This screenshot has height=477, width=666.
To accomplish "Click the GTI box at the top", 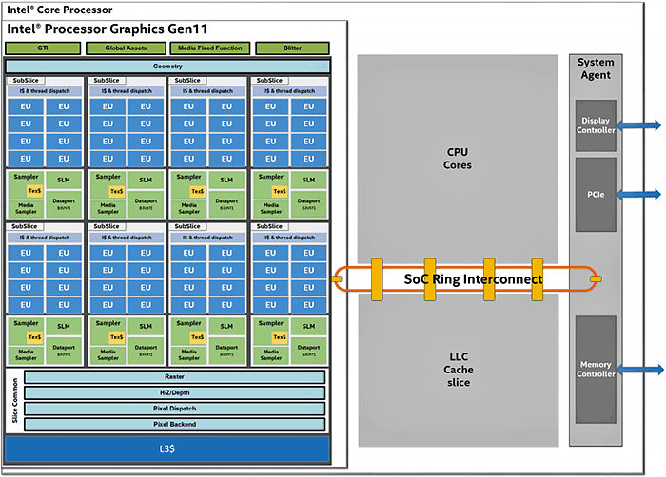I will [42, 48].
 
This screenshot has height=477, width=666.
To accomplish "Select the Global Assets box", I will [125, 48].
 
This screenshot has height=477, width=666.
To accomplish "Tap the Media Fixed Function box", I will [207, 48].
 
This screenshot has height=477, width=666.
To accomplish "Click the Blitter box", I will [291, 48].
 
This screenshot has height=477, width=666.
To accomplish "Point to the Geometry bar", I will [167, 66].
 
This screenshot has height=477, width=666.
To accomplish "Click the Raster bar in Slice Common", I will [174, 377].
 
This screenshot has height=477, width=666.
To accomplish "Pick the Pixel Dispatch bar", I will [174, 409].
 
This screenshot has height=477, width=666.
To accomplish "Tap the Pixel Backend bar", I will [174, 424].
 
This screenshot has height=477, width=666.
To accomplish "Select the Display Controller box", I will [596, 124].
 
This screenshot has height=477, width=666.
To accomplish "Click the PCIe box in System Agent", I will [596, 194].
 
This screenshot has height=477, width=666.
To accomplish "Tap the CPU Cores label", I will [459, 158].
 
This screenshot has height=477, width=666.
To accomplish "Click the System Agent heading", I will [597, 68].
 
